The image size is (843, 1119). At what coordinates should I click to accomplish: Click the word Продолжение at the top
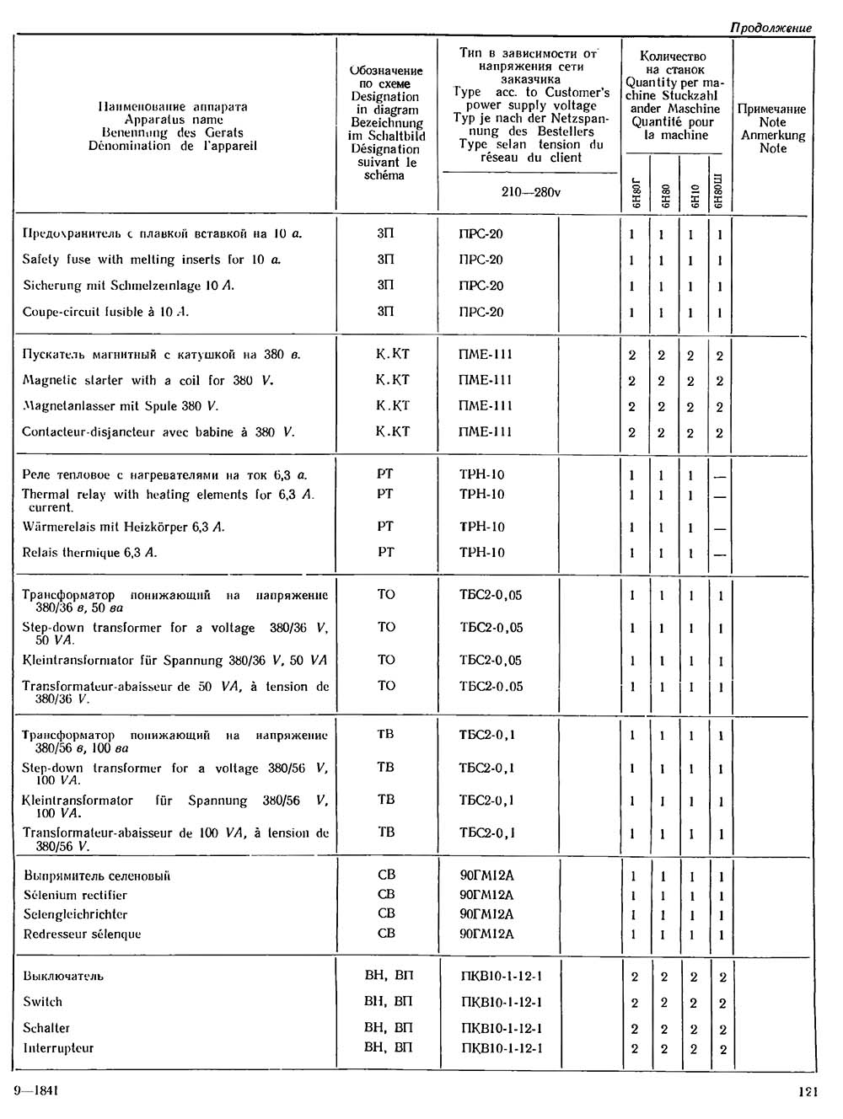pos(771,28)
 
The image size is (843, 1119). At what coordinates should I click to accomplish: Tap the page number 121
pos(807,1092)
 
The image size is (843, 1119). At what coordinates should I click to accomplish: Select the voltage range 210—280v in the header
pos(530,192)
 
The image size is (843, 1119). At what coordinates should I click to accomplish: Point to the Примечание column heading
pos(771,109)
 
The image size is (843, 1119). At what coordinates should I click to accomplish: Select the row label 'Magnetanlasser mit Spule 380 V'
pos(121,406)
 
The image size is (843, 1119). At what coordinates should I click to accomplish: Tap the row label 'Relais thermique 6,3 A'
pos(89,553)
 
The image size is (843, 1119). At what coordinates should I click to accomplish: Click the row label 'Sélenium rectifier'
pos(75,895)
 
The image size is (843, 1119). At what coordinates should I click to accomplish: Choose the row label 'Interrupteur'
pos(58,1048)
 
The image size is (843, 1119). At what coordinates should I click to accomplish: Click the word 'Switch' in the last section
pos(43,1002)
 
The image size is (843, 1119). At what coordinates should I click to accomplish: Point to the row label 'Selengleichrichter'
pos(75,914)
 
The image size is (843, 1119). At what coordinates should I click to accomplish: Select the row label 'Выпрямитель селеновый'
pos(96,875)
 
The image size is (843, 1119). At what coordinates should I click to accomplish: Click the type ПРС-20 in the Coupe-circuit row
pos(481,312)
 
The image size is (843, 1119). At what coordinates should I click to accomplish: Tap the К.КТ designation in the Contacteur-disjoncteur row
pos(392,431)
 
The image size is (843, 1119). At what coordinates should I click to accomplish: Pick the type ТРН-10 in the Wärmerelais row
pos(481,527)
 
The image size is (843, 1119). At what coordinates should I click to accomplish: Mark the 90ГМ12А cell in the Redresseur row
pos(486,934)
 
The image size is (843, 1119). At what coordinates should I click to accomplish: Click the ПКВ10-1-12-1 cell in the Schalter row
pos(502,1028)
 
